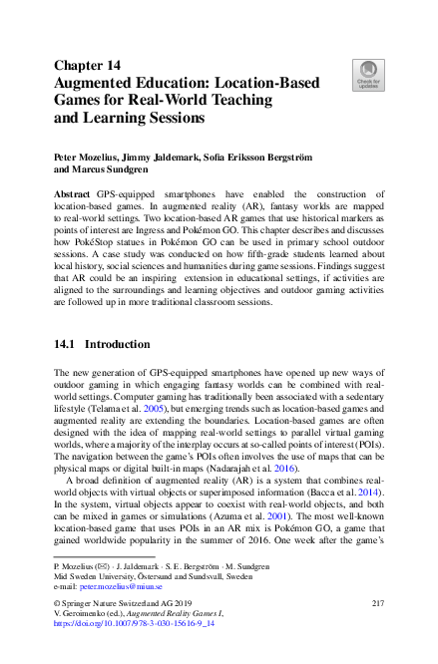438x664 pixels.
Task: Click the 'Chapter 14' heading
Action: [87, 66]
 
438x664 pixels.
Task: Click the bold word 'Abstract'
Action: [72, 194]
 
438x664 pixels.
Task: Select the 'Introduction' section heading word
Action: [117, 344]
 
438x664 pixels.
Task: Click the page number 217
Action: [377, 605]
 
